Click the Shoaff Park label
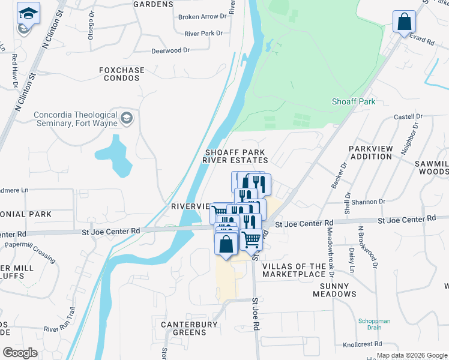(354, 101)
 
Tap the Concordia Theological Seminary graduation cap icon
(126, 116)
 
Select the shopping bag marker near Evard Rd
(404, 22)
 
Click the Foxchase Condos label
(122, 74)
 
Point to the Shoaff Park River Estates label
(235, 157)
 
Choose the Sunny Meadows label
(334, 290)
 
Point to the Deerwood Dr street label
(170, 51)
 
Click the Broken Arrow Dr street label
(200, 17)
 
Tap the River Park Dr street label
(203, 34)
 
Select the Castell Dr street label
(408, 116)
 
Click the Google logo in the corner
(20, 352)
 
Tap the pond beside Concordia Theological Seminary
(115, 156)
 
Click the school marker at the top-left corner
(27, 13)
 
